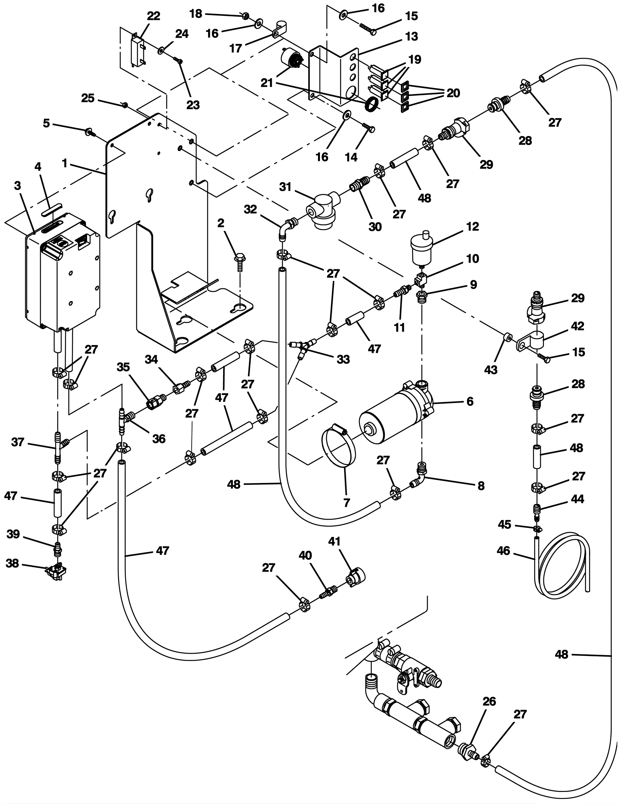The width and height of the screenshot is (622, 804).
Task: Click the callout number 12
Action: point(472,227)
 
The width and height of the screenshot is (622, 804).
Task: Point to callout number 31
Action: point(285,187)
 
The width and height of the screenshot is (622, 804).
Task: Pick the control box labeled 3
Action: point(62,272)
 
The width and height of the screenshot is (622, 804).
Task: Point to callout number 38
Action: point(12,563)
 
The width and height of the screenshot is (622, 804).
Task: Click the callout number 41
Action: point(334,541)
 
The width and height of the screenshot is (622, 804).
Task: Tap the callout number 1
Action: point(65,164)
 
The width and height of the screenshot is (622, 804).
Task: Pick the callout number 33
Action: point(343,359)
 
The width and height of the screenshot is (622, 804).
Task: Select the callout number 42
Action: point(577,326)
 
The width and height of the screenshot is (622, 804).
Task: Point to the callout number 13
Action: point(411,36)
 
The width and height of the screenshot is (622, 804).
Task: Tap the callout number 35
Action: point(123,367)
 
